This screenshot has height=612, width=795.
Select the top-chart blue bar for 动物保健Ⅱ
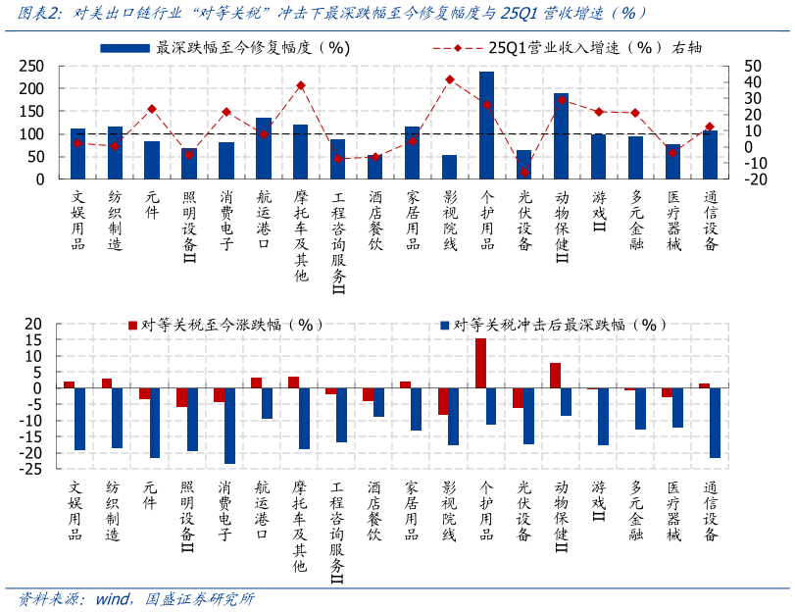[x=561, y=136]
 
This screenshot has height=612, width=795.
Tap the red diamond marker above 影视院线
[x=450, y=79]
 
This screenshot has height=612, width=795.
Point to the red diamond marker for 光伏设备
[x=524, y=172]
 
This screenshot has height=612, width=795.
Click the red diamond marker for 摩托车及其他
[x=301, y=85]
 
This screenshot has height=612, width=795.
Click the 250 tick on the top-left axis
[x=32, y=66]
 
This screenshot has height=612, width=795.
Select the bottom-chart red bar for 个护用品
[x=480, y=363]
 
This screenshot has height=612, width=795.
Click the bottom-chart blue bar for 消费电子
[x=229, y=426]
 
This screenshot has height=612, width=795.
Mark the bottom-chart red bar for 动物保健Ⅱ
[x=555, y=376]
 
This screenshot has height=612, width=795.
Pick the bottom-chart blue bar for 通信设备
[x=716, y=423]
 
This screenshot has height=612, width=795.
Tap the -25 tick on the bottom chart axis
[x=32, y=469]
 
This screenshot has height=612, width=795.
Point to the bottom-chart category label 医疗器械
[x=672, y=511]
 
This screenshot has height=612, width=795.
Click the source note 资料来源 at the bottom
[x=49, y=598]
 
